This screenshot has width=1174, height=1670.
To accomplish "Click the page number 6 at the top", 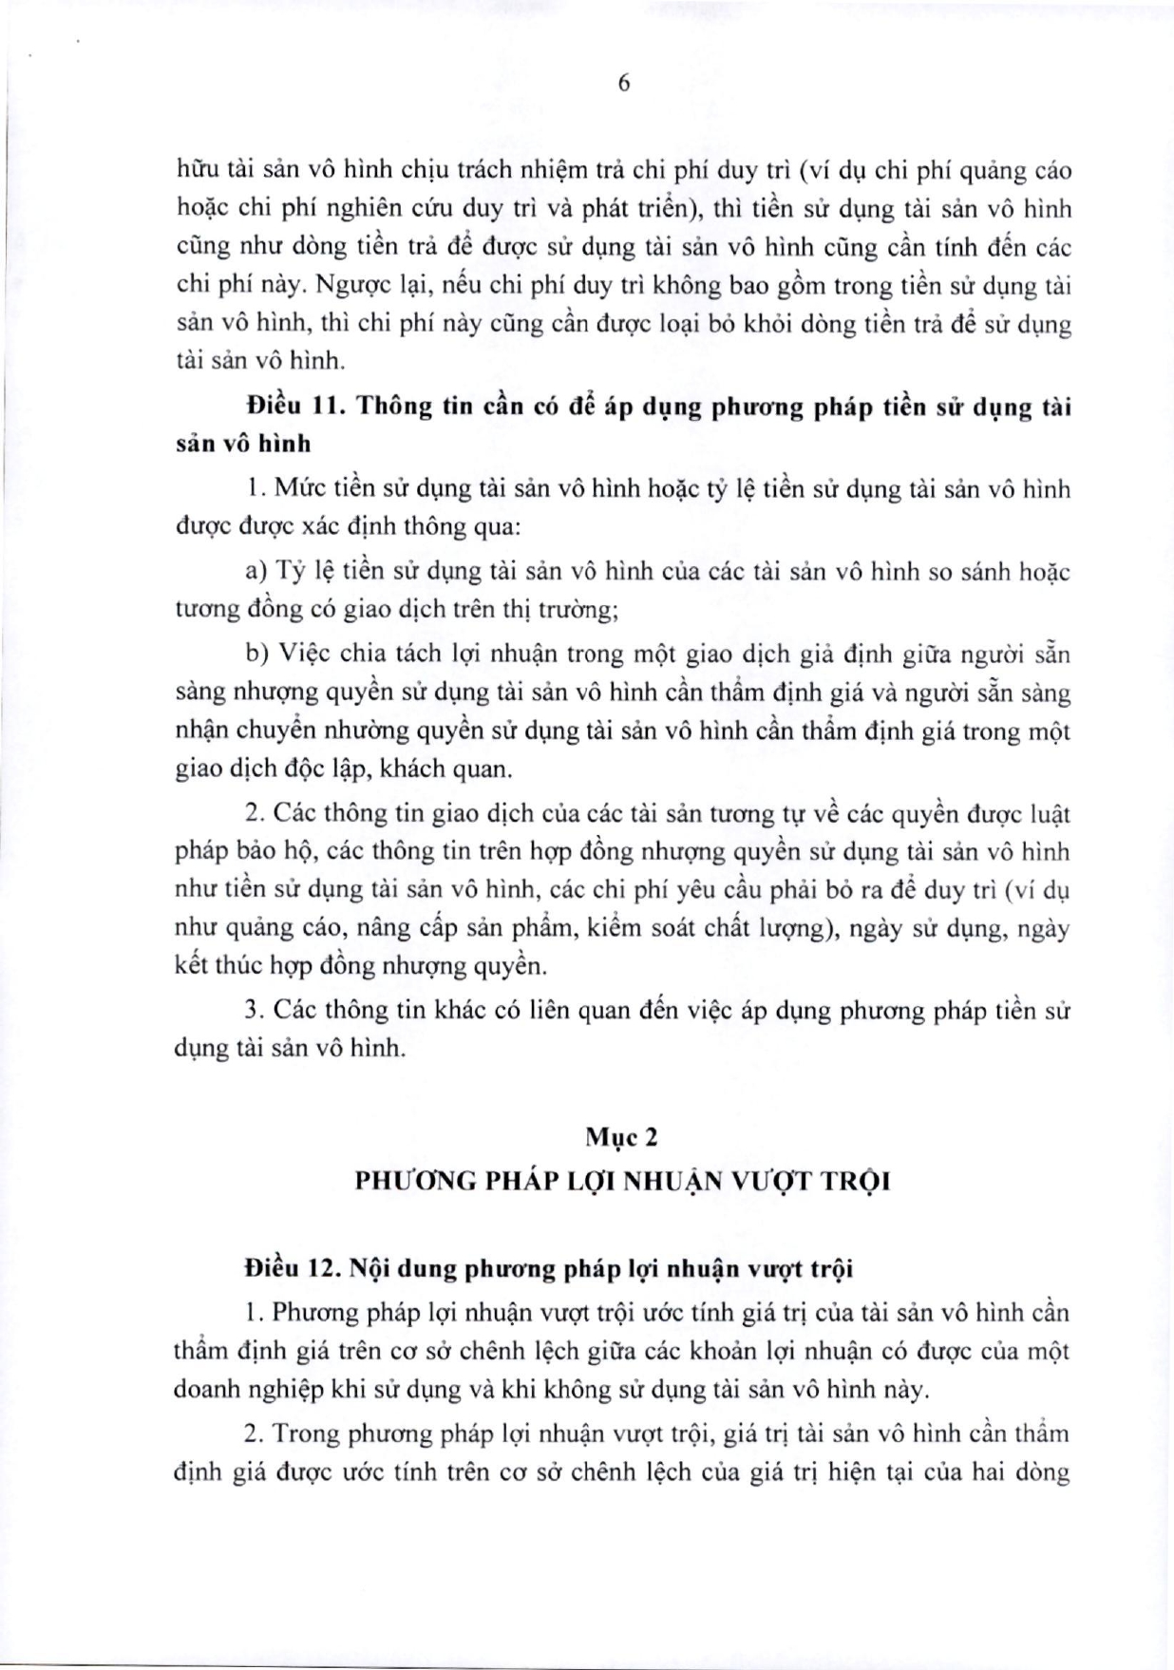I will point(624,84).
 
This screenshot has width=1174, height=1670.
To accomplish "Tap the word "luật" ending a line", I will point(1047,814).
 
